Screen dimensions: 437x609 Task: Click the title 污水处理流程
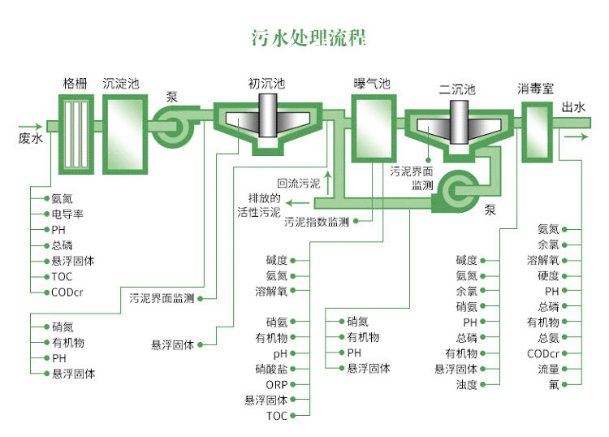pos(304,38)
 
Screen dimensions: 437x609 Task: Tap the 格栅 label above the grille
pos(76,83)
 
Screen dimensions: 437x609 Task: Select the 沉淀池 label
pos(121,83)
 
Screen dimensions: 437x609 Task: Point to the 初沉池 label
pos(266,83)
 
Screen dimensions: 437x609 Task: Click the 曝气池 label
pos(372,84)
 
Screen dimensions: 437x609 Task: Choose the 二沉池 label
pos(456,89)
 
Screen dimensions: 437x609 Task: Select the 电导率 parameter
pos(67,214)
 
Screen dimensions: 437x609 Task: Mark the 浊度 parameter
pos(466,384)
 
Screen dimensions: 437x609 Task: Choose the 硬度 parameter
pos(548,276)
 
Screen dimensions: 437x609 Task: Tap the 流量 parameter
pos(548,369)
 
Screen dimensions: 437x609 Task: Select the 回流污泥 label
pos(298,184)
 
